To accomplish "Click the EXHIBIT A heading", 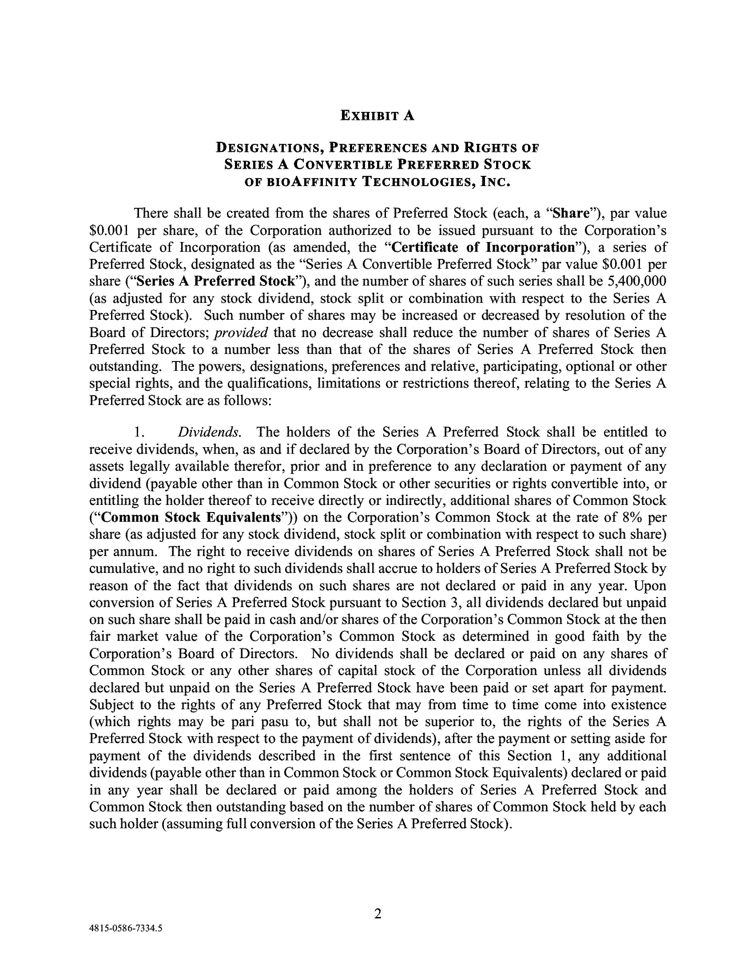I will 377,115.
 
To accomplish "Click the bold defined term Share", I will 570,213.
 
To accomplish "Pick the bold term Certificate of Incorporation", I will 483,247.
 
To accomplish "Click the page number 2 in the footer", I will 377,913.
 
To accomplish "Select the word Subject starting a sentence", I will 111,705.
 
